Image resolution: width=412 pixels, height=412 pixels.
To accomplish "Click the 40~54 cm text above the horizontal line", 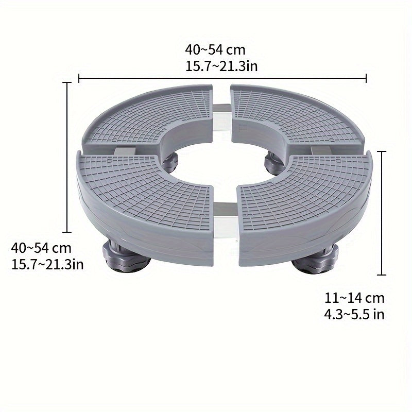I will pyautogui.click(x=215, y=50).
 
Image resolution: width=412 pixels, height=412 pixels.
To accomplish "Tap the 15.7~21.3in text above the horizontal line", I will pyautogui.click(x=221, y=65).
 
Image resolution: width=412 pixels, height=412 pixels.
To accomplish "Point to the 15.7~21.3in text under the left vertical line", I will pyautogui.click(x=47, y=264).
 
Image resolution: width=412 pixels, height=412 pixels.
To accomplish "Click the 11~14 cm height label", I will pyautogui.click(x=354, y=298).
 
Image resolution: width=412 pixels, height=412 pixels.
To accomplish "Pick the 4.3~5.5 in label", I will pyautogui.click(x=354, y=314).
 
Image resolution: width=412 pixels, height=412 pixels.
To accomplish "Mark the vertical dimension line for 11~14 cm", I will pyautogui.click(x=382, y=213).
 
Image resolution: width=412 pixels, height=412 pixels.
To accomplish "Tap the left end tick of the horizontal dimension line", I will pyautogui.click(x=79, y=78).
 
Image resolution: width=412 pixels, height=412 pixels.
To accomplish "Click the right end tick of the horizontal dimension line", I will pyautogui.click(x=366, y=78).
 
